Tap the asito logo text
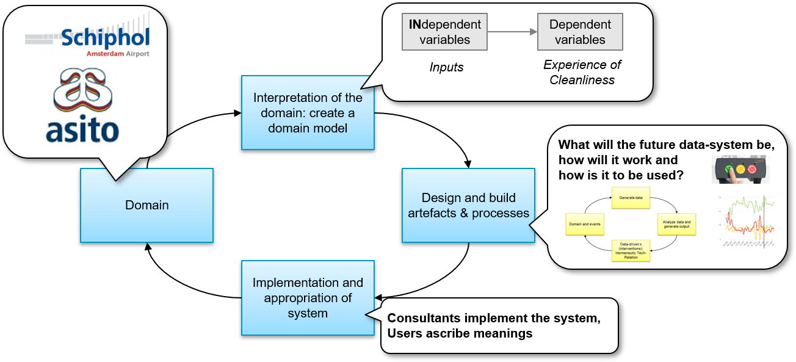point(82,131)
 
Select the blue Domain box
point(147,205)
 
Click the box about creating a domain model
point(308,113)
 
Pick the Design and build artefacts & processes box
point(468,206)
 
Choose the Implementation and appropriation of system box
point(308,298)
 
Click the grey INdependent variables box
point(445,32)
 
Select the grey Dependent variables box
point(580,32)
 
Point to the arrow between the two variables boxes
point(512,32)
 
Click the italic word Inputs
point(446,67)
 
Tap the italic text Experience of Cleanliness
point(582,72)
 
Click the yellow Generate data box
point(631,198)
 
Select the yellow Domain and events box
point(585,224)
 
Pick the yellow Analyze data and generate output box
point(676,224)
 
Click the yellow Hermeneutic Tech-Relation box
point(631,250)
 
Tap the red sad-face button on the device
point(752,169)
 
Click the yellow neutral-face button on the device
point(740,169)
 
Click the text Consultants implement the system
point(494,318)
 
